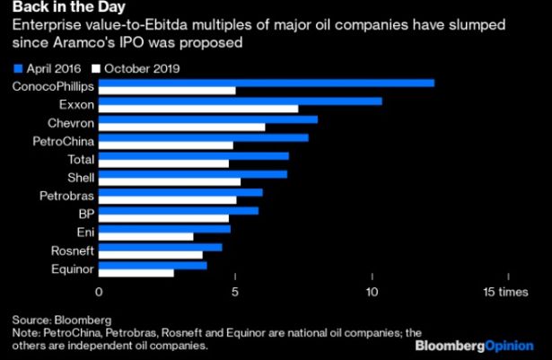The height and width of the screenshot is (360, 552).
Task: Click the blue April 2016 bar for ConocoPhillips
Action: pos(267,83)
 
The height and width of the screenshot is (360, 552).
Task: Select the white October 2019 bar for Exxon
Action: pos(197,110)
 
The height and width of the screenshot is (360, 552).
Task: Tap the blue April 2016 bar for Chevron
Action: pos(208,119)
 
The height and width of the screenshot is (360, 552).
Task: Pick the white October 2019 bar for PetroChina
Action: pos(165,145)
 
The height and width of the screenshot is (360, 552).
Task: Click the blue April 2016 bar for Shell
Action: pos(192,173)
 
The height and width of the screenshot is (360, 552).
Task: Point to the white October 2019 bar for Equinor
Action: pos(136,271)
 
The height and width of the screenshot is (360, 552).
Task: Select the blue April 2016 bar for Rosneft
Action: pos(160,246)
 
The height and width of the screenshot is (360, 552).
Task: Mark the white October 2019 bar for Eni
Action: pos(145,236)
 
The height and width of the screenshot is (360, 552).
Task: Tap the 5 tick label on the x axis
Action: pos(235,291)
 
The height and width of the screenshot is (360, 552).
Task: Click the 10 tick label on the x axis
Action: pos(372,291)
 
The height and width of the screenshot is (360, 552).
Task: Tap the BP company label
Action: pos(83,214)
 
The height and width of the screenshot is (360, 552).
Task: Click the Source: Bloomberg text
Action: pos(61,320)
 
